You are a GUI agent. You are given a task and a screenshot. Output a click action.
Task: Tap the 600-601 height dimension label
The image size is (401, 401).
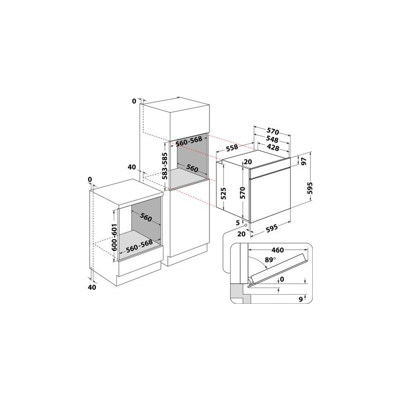tap(114, 237)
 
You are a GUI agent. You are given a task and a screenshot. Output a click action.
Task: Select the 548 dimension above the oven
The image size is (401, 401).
tap(272, 140)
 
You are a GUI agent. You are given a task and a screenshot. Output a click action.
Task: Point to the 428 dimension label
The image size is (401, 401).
tap(273, 147)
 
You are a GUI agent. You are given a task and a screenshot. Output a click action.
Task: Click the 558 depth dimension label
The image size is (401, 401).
tap(232, 147)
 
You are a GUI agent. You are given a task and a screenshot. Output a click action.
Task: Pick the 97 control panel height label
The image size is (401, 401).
tap(304, 161)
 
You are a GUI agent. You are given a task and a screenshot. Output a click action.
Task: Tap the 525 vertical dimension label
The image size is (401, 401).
tap(223, 193)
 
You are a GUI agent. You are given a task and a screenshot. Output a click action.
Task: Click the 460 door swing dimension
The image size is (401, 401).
tap(278, 250)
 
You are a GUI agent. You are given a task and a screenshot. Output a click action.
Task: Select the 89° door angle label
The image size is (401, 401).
tap(270, 260)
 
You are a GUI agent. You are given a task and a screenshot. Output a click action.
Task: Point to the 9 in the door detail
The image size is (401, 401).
tap(301, 299)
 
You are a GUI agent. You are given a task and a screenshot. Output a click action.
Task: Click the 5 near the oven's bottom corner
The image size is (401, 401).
tap(238, 223)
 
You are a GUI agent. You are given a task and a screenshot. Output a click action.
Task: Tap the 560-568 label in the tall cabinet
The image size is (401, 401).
tap(189, 141)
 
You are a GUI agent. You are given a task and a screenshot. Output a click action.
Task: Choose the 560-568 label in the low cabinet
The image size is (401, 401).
tap(139, 246)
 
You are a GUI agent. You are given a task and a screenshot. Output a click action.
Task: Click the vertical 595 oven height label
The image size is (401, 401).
tap(310, 188)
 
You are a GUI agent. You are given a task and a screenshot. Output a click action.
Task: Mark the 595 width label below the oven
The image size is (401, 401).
tap(272, 228)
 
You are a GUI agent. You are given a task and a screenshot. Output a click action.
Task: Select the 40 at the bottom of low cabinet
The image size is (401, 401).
tap(92, 287)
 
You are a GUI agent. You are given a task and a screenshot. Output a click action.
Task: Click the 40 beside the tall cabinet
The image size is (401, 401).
tap(132, 167)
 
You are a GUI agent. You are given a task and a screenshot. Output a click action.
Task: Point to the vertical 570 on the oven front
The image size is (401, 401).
tap(243, 193)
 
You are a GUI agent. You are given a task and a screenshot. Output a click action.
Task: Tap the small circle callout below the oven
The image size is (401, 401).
tap(246, 225)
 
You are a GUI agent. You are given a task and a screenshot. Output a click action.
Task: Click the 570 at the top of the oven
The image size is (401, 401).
tap(273, 132)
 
